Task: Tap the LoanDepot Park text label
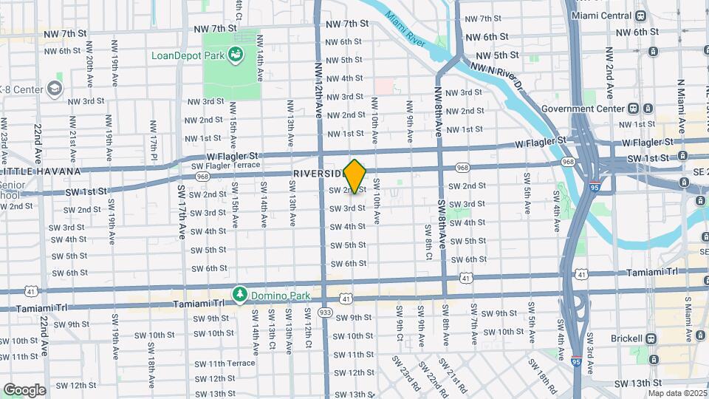point(189,55)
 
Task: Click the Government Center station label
point(582,108)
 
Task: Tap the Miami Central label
point(600,16)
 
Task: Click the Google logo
point(24,389)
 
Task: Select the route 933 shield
point(325,313)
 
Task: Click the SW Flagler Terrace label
point(227,166)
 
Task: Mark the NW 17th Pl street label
point(154,137)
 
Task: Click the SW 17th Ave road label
point(182,210)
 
